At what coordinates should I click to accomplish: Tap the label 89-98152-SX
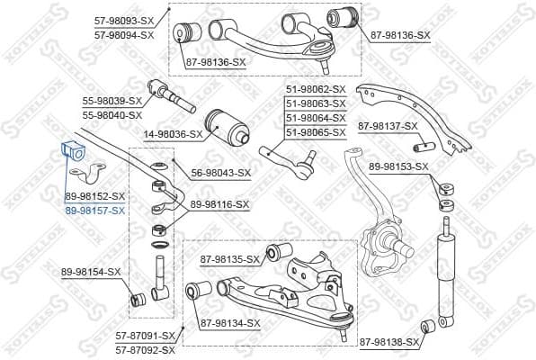(94, 195)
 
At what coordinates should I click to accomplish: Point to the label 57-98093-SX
(124, 21)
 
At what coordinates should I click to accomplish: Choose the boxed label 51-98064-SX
(316, 118)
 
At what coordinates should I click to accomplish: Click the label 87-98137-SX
(389, 126)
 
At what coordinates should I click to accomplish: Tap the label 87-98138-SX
(389, 343)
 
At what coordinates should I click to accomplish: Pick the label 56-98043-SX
(221, 172)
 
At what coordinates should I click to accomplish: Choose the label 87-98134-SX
(230, 323)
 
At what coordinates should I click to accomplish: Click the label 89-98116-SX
(219, 205)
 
